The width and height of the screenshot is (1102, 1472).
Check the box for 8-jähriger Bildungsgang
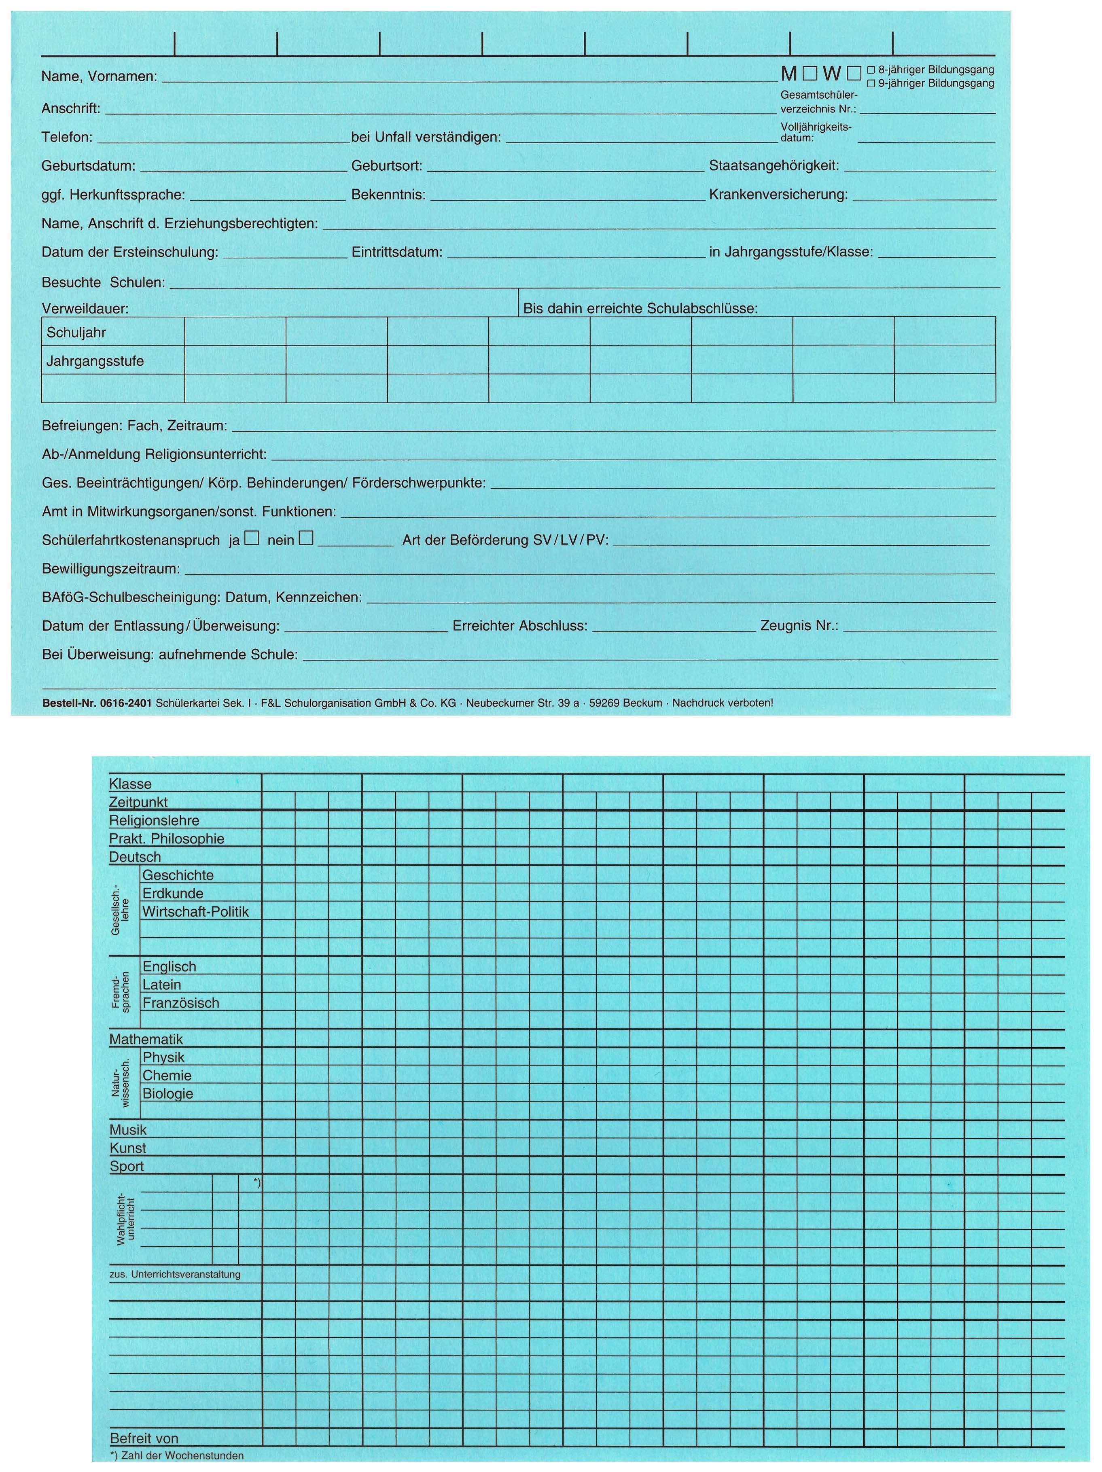point(871,70)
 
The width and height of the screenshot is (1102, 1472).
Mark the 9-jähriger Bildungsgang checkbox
point(871,84)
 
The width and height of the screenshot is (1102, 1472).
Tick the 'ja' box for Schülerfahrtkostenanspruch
point(252,538)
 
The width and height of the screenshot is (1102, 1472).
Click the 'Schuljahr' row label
point(76,333)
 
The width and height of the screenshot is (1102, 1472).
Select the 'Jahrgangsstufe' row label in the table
point(95,361)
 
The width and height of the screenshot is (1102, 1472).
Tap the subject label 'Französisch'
point(181,1003)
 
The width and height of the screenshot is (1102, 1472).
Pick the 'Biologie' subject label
point(168,1093)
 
